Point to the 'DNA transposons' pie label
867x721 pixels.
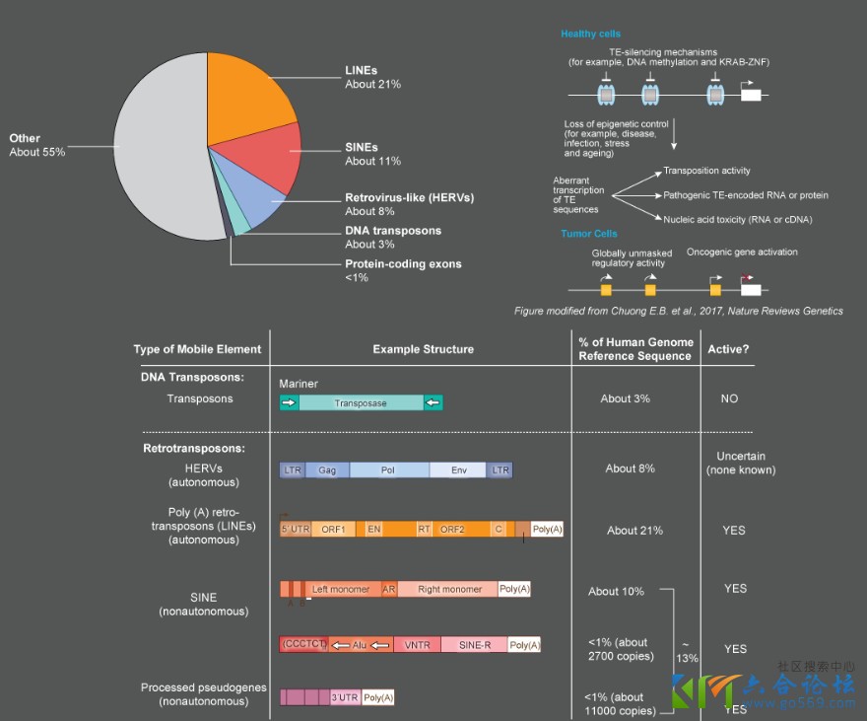pos(393,231)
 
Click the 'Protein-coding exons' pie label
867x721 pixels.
pos(403,264)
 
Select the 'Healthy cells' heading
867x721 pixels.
pos(591,35)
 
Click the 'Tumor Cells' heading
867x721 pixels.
pos(589,234)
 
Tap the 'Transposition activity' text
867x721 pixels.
pos(706,171)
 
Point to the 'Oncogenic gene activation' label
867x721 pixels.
pos(742,252)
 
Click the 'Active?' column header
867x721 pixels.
pos(727,349)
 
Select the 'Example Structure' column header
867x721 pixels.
pos(423,349)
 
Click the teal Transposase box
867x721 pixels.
pos(361,402)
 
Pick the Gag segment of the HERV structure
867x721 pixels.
pos(327,470)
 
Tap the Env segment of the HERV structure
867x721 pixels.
pos(458,470)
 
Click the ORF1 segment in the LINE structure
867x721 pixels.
pos(333,530)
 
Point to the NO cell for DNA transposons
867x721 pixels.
pos(728,398)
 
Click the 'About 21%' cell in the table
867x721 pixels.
pos(634,531)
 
